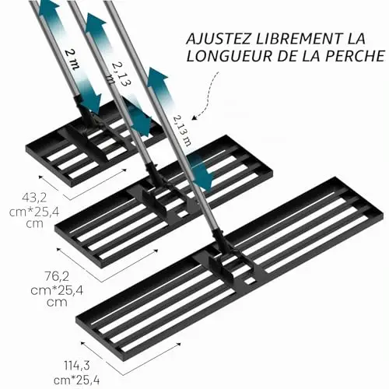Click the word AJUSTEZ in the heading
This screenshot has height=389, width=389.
click(x=219, y=39)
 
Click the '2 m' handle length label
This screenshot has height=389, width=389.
click(x=71, y=59)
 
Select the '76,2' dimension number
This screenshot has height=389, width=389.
click(x=57, y=276)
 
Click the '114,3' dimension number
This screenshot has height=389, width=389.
click(x=77, y=366)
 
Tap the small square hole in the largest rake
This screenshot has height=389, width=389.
click(x=250, y=281)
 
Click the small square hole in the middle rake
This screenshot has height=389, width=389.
click(x=183, y=214)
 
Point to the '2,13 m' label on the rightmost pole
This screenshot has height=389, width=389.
click(x=182, y=131)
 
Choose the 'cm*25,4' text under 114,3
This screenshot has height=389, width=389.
click(x=77, y=380)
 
